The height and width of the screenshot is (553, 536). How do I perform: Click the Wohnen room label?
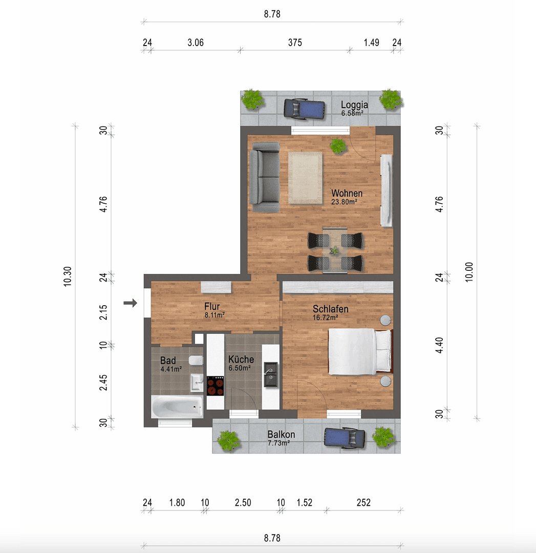pos(347,194)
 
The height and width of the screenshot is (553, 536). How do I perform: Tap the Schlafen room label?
pos(331,309)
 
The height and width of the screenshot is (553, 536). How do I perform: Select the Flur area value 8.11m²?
pos(215,315)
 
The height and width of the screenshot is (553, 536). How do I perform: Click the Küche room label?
pos(241,359)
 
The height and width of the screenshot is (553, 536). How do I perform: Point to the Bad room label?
pos(168,360)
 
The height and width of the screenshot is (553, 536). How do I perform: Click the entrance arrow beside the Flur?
pos(131,303)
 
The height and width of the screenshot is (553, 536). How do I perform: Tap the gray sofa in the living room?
pos(265,177)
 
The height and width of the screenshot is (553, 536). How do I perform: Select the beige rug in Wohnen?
pos(305,178)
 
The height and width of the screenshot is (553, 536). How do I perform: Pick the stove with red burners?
pos(216,386)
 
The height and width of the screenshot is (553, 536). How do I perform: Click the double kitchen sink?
pos(270,374)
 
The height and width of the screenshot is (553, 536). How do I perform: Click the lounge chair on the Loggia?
pos(305,109)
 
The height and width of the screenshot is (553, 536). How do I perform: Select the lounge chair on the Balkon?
pos(346,438)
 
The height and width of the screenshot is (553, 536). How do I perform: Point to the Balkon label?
pos(281,435)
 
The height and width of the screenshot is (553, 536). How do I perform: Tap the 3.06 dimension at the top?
pos(195,43)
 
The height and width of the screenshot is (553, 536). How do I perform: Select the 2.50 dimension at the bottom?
pos(243,503)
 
